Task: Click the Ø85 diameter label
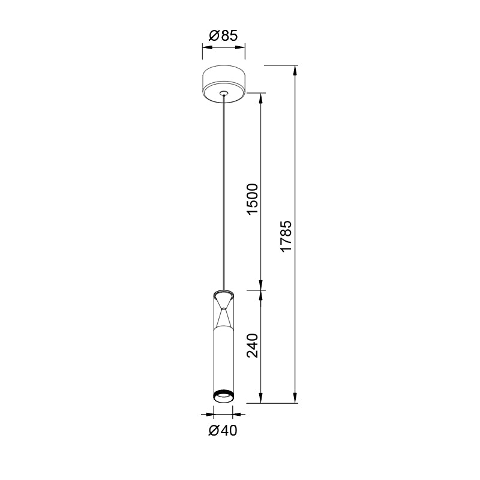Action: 223,36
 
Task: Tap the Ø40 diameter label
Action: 223,431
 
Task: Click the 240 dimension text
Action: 253,346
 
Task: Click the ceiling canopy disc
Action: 223,84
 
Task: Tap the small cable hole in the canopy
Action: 223,93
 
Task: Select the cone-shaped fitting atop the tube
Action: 223,298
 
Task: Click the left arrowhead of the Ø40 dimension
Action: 209,414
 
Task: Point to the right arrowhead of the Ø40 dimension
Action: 237,414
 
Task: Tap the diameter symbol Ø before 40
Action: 214,431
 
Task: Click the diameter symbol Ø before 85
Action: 214,36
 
